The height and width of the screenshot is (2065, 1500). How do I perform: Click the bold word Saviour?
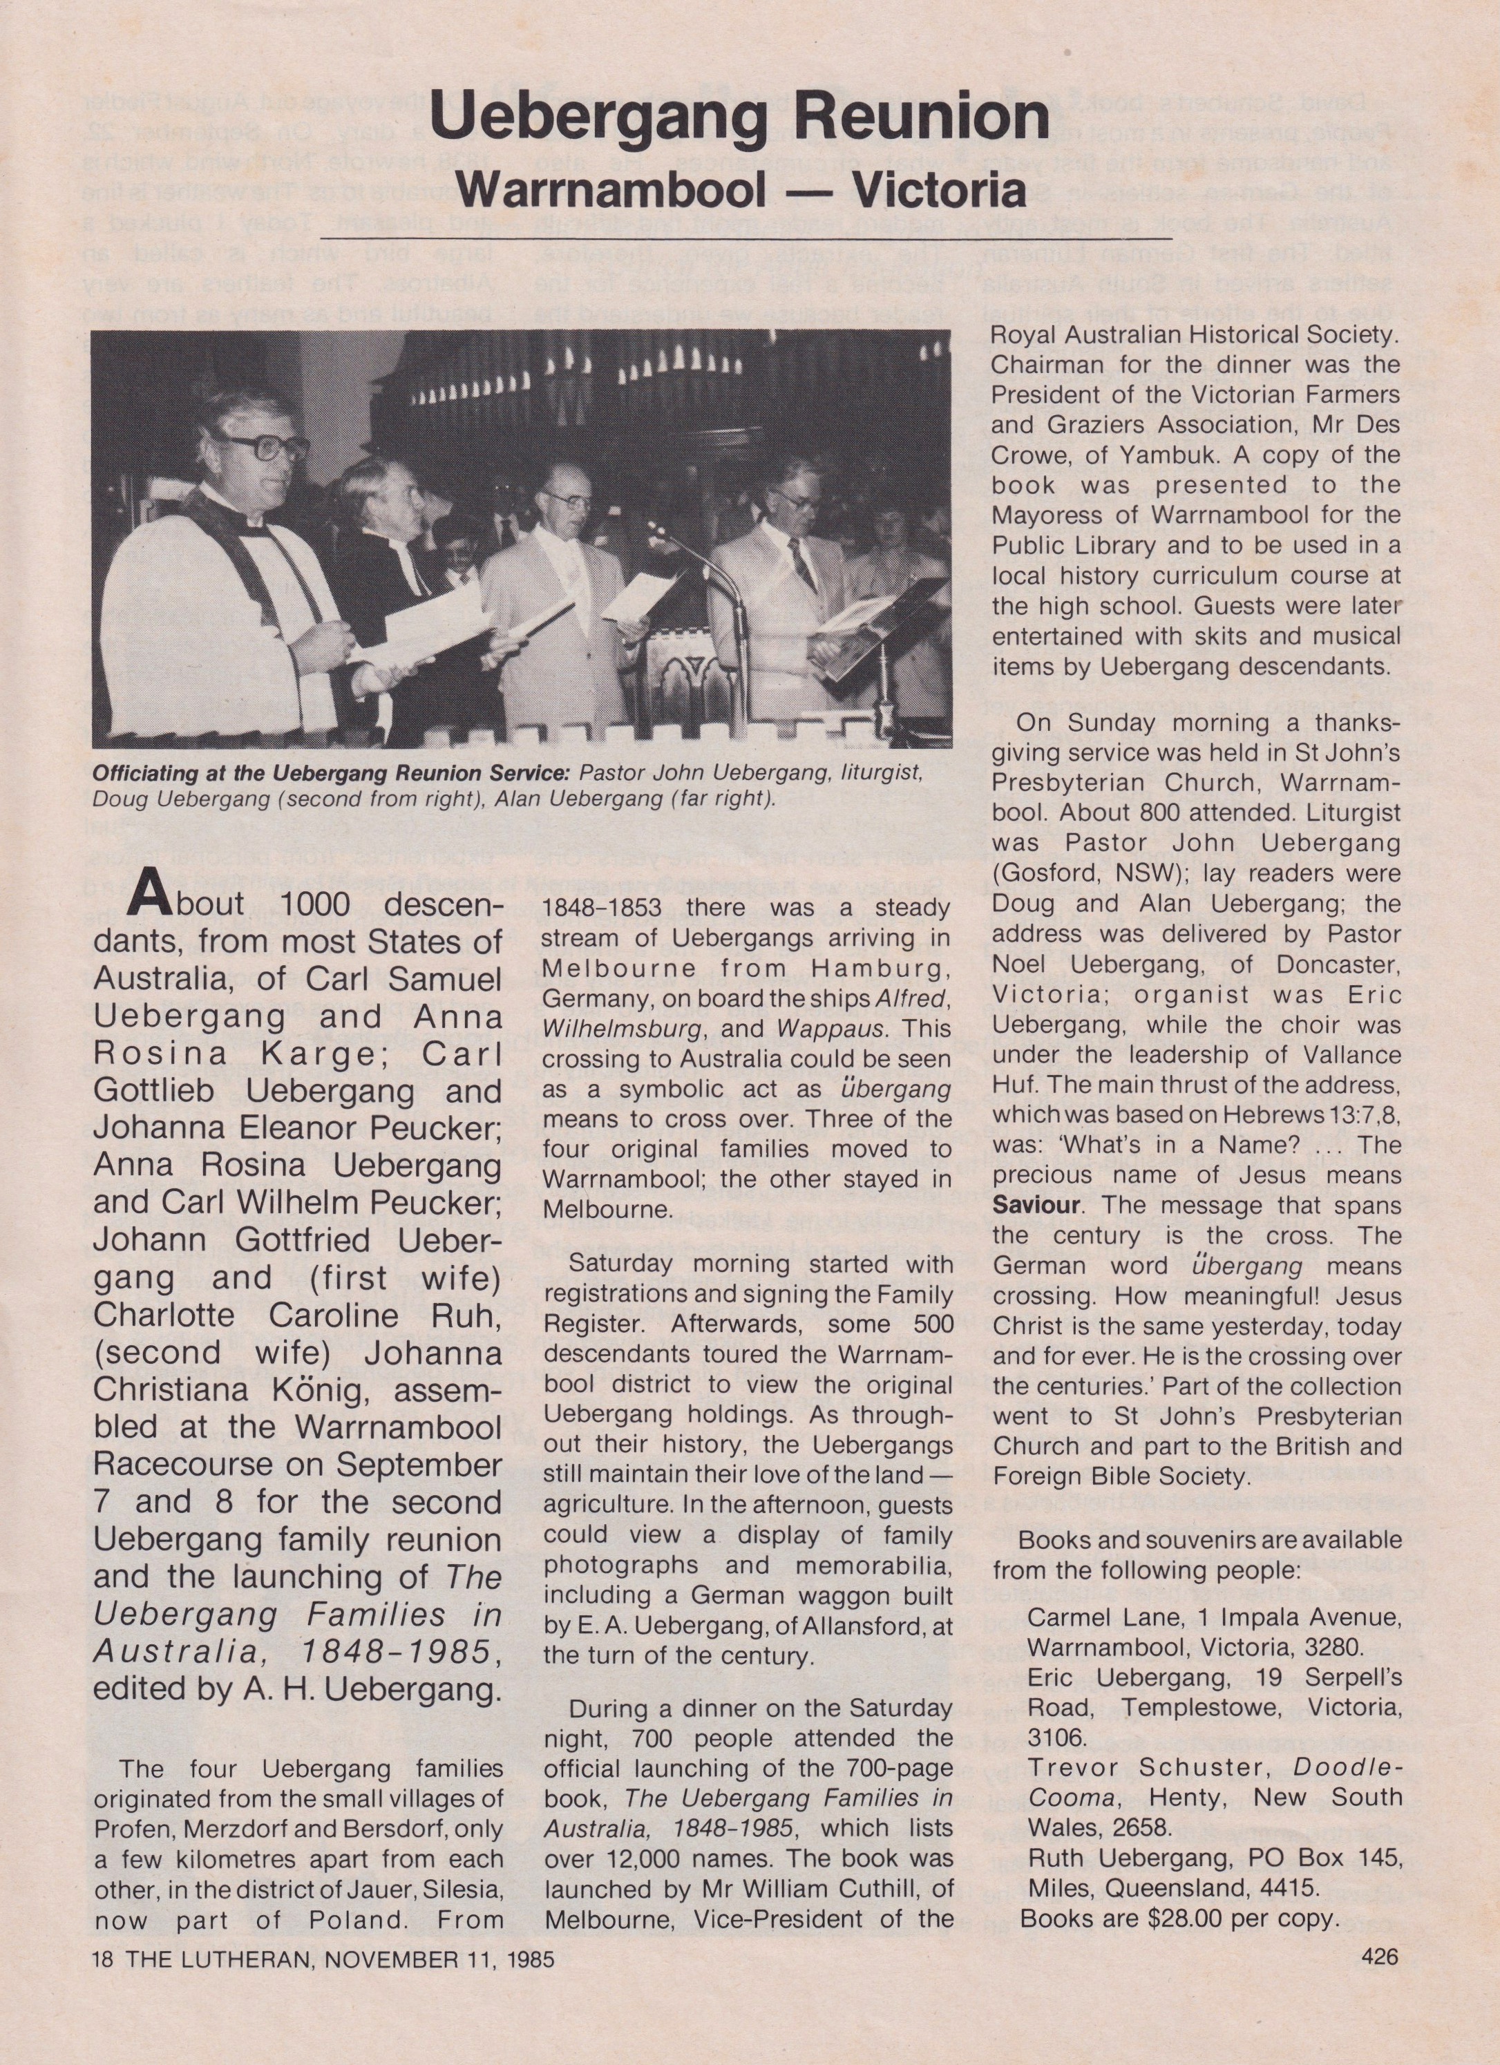coord(1036,1206)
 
